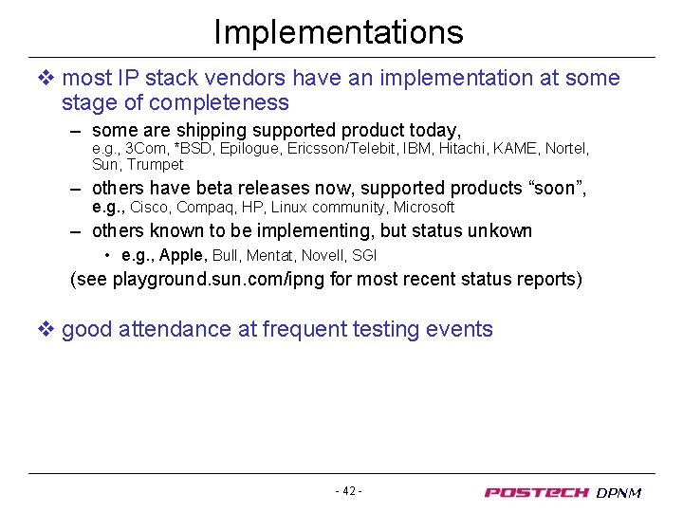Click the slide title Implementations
(339, 32)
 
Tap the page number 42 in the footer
(349, 491)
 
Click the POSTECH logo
(537, 492)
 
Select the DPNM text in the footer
(619, 493)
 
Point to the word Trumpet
(155, 164)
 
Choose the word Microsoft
(424, 207)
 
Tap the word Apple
(183, 255)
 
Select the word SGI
(364, 255)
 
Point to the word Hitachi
(463, 149)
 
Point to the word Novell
(323, 255)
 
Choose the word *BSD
(192, 149)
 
